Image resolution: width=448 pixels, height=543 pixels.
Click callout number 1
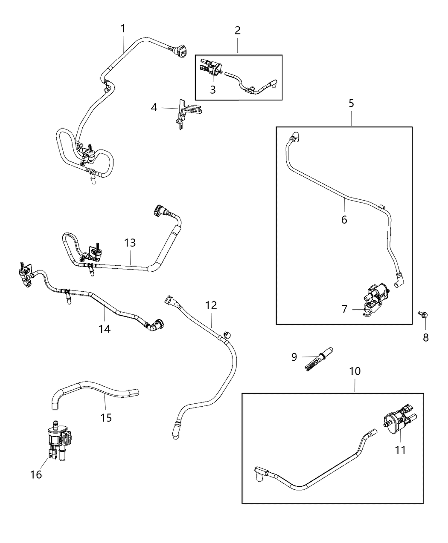coord(122,29)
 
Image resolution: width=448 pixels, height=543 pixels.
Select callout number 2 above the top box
coord(237,30)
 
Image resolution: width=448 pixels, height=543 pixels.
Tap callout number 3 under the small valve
coord(212,90)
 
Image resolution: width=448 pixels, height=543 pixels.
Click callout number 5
coord(351,103)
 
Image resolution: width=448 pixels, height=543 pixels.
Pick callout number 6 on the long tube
coord(344,220)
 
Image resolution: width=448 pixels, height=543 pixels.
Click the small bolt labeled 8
coord(424,316)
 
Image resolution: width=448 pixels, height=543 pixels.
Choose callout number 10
coord(355,371)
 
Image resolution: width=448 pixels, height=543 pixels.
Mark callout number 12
coord(211,305)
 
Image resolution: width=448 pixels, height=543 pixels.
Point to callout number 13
coord(130,243)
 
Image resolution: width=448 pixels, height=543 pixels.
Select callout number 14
coord(105,328)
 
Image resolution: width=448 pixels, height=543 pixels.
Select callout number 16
coord(36,474)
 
